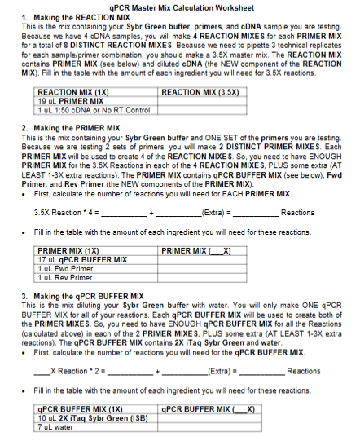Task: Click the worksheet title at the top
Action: (x=180, y=7)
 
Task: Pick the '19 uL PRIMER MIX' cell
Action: (x=68, y=101)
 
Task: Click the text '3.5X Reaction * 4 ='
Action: (x=65, y=213)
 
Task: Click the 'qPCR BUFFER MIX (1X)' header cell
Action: (x=81, y=409)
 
